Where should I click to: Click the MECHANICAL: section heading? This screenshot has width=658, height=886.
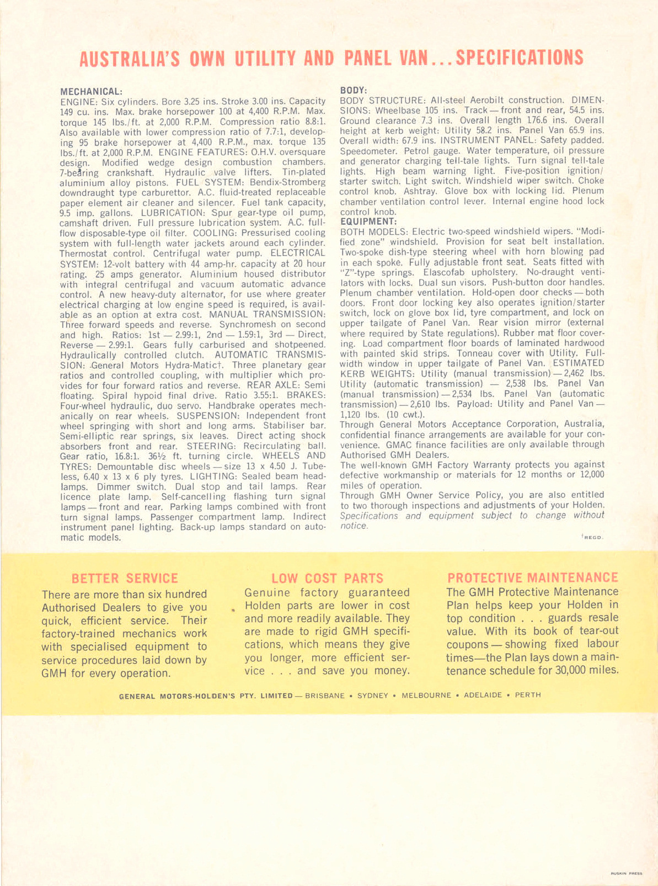coord(91,91)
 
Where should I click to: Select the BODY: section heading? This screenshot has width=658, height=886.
coord(354,90)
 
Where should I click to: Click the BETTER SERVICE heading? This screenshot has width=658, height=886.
coord(125,578)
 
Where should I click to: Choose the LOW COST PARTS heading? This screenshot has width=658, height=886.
coord(327,578)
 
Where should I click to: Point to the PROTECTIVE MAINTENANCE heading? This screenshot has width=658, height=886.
coord(533,577)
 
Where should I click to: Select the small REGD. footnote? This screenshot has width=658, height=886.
coord(593,537)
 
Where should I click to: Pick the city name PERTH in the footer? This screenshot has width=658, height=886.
coord(528,695)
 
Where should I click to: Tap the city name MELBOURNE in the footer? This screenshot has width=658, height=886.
coord(426,696)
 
